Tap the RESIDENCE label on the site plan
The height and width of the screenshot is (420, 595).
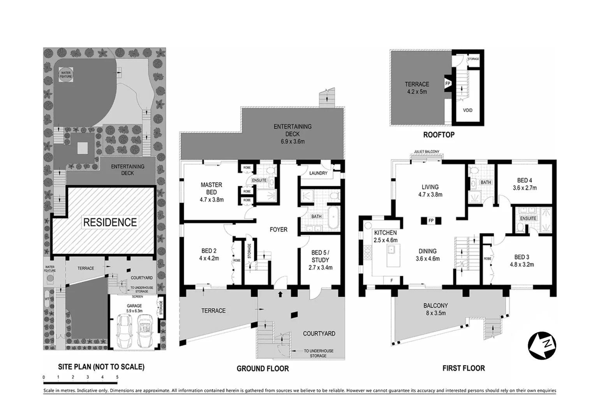click(x=110, y=222)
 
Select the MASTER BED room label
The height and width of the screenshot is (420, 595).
click(x=211, y=188)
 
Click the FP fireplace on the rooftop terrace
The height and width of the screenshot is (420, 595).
click(x=447, y=84)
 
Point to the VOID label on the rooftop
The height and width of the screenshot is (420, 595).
click(x=468, y=110)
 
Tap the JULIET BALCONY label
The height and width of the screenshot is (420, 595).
click(x=427, y=152)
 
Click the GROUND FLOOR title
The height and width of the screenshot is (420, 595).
click(x=262, y=368)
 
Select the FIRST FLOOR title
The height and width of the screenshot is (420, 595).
click(x=463, y=368)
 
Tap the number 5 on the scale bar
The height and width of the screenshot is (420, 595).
click(x=117, y=377)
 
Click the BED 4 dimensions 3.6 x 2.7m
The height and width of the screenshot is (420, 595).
click(x=525, y=187)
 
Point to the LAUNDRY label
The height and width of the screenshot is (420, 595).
click(x=318, y=173)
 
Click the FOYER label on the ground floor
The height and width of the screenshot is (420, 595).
click(x=278, y=229)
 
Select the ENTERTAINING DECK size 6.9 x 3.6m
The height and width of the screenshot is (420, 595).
click(x=292, y=142)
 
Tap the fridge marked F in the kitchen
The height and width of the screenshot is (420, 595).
click(x=392, y=280)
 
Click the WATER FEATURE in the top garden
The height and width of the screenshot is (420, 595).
click(x=65, y=75)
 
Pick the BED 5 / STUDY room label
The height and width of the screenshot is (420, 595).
click(x=320, y=260)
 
